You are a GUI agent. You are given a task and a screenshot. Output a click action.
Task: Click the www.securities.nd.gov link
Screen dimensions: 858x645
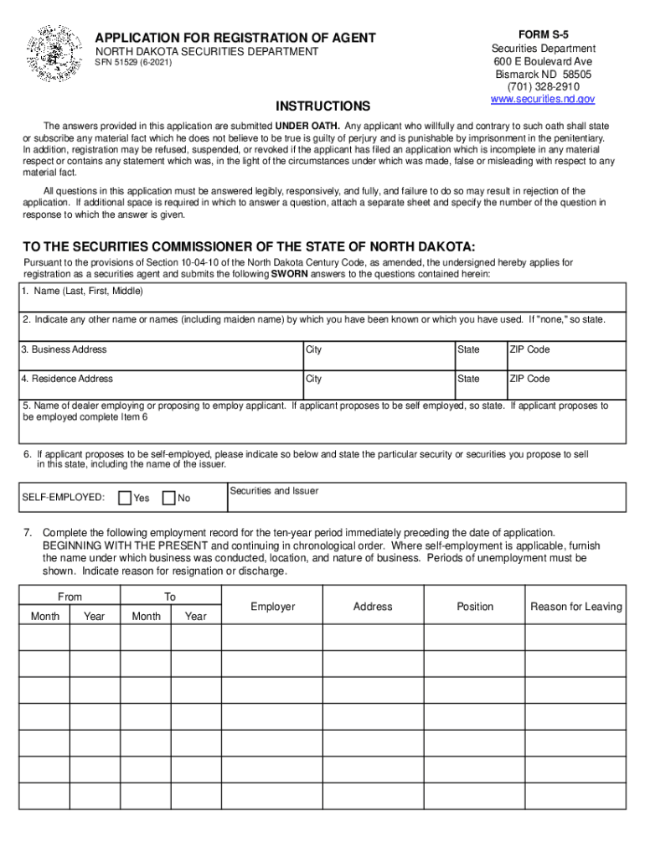click(x=542, y=99)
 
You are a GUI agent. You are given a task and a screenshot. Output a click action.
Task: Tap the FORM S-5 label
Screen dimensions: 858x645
click(x=543, y=34)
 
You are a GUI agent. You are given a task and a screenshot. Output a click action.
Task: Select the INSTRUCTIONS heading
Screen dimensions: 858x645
click(x=322, y=106)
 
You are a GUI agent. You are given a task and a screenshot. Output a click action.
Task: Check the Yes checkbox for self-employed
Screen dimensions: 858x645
click(x=125, y=498)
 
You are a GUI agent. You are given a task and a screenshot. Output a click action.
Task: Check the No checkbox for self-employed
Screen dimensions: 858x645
click(x=168, y=498)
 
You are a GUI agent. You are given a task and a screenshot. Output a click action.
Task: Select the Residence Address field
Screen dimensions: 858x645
click(x=160, y=388)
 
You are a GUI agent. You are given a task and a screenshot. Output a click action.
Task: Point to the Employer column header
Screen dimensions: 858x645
click(x=272, y=607)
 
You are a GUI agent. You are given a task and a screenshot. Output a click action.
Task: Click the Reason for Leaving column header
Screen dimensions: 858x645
click(x=576, y=607)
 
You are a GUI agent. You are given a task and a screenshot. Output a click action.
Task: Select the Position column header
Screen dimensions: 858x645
click(x=475, y=607)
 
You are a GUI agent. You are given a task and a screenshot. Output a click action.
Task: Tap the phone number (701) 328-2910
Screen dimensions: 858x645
click(x=543, y=86)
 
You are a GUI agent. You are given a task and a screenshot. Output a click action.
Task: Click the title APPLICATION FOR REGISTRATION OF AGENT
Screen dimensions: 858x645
click(x=235, y=39)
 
